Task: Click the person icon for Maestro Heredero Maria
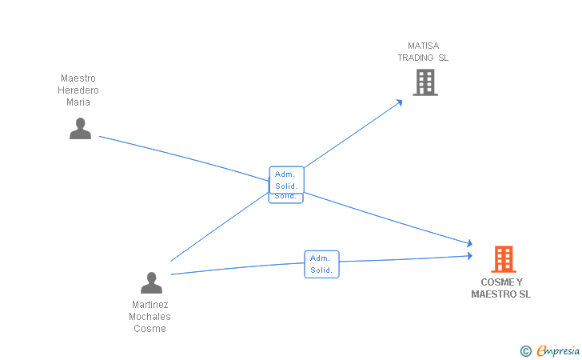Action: click(80, 129)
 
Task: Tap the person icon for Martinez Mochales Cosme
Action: click(151, 282)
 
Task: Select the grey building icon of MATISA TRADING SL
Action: click(425, 82)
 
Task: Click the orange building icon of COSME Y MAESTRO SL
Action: click(504, 259)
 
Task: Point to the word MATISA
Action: click(424, 46)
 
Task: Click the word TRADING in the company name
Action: click(416, 58)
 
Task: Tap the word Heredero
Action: click(78, 90)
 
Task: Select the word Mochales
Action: click(150, 317)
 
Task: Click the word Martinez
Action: click(150, 305)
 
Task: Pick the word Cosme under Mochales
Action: click(150, 329)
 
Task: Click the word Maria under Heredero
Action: click(78, 102)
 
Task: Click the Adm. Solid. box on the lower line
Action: click(322, 264)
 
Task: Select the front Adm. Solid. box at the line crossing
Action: click(286, 180)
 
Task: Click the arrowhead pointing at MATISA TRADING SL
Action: click(400, 102)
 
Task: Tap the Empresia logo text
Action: click(558, 350)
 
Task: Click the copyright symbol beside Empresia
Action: click(525, 351)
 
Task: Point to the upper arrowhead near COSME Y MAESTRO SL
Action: click(470, 243)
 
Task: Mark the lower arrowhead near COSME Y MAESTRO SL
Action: click(470, 256)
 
